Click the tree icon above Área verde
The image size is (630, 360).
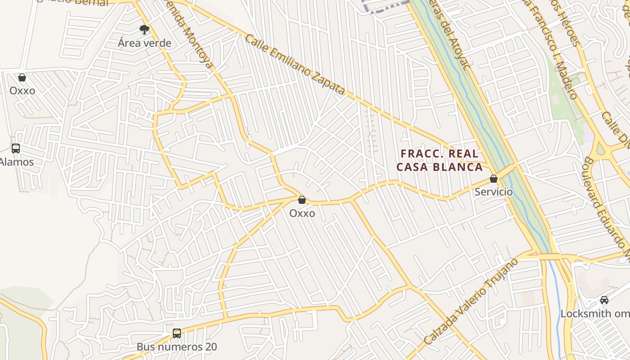coord(144,30)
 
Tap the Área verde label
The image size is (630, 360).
coord(144,43)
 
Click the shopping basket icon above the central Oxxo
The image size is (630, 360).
coord(302,200)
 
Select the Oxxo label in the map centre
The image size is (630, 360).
coord(302,213)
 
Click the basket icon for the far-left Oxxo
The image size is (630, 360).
coord(22,77)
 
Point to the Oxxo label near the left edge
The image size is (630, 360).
coord(22,90)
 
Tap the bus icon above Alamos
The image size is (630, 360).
coord(16,148)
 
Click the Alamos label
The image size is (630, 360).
coord(17,162)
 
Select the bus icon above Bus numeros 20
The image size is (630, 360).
coord(177,333)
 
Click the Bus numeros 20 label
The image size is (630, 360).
coord(177,347)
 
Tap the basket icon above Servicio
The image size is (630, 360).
coord(494,179)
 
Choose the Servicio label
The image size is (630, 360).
coord(494,192)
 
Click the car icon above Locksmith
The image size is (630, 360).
coord(604,300)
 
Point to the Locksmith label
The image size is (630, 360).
coord(594,314)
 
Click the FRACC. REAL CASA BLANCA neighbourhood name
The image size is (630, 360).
coord(439,160)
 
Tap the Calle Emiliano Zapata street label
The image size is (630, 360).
coord(295,64)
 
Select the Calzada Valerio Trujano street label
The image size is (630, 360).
coord(472,302)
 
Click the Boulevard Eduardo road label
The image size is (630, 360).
coord(605,207)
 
